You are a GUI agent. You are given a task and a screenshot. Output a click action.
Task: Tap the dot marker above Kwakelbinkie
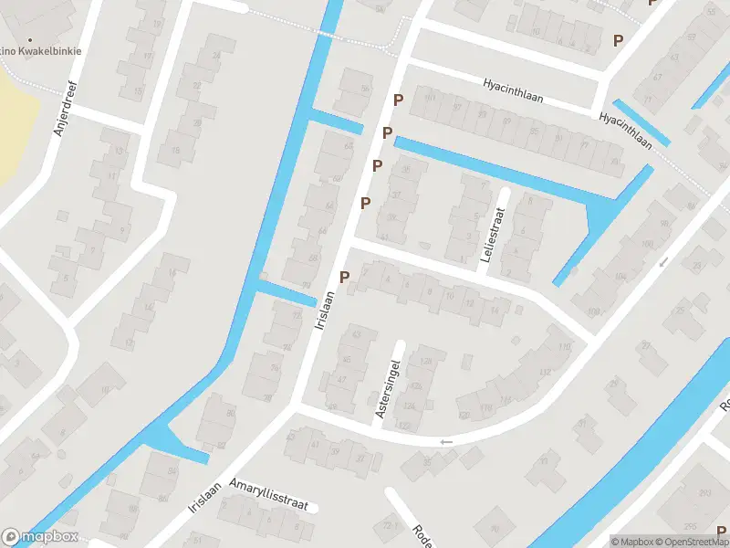pos(30,40)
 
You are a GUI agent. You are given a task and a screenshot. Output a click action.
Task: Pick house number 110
pos(564,347)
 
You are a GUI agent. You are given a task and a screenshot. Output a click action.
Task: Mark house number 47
pos(342,378)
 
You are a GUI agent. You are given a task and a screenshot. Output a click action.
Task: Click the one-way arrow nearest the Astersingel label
pos(445,442)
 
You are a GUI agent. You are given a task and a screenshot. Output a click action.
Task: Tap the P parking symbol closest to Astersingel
pos(344,277)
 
